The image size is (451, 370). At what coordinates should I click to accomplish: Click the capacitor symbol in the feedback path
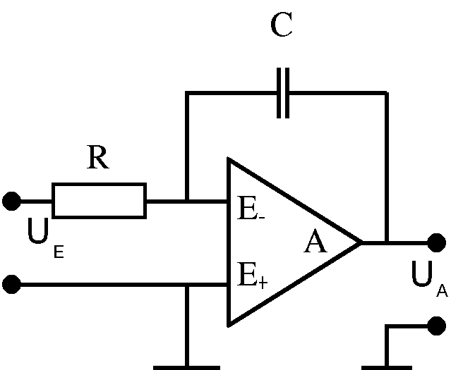pos(282,93)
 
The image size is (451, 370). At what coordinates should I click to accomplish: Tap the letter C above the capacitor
pos(282,26)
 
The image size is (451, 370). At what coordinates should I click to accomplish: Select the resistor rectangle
pos(99,201)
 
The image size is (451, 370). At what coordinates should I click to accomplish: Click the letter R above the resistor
pos(98,159)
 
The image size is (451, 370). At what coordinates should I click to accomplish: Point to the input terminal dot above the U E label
pos(11,202)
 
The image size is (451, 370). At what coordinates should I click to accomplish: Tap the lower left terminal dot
pos(11,285)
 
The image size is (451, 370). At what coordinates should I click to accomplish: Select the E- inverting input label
pos(251,209)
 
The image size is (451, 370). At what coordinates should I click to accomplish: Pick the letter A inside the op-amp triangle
pos(315,243)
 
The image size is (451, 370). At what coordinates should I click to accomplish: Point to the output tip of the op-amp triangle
pos(361,242)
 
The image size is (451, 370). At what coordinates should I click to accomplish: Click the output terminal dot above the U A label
pos(437,242)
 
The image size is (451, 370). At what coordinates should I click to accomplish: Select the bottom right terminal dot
pos(437,326)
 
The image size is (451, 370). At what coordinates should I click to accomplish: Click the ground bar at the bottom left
pos(187,366)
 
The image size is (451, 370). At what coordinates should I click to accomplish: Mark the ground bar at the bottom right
pos(386,366)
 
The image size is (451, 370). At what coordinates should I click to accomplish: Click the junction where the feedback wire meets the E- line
pos(187,202)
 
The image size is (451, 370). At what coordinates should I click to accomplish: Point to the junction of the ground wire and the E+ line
pos(187,285)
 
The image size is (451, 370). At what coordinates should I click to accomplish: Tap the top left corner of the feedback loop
pos(187,93)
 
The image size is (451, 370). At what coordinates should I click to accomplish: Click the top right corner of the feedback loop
pos(386,93)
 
